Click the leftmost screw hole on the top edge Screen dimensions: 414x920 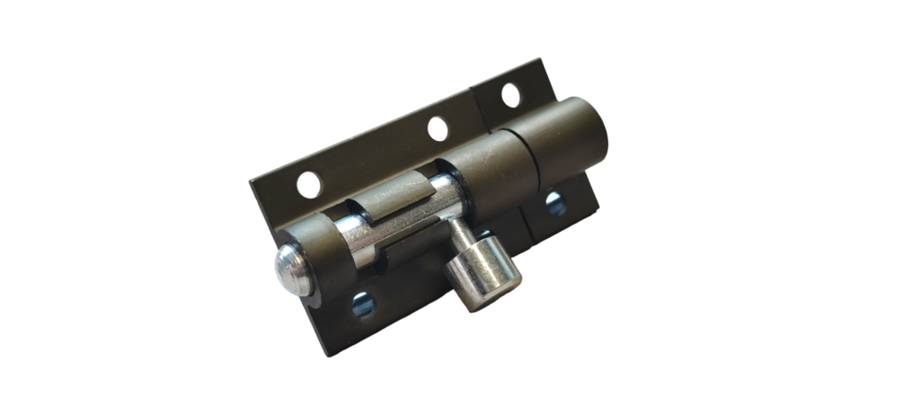(x=308, y=185)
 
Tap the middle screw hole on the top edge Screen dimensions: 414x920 (x=438, y=128)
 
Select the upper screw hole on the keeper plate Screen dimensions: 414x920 (x=510, y=95)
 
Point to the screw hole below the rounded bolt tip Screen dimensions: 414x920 (x=363, y=304)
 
